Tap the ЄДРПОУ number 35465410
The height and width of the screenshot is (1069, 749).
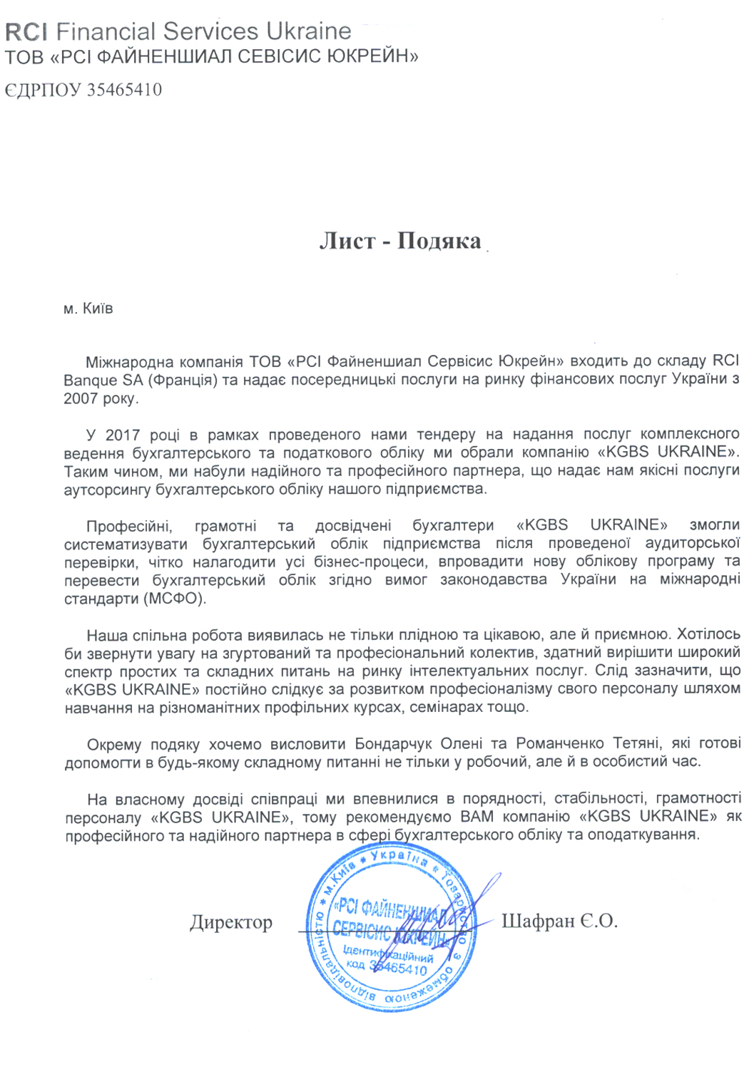click(x=124, y=90)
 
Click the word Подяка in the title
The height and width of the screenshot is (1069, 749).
click(x=439, y=241)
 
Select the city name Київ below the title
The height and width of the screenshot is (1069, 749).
click(x=98, y=309)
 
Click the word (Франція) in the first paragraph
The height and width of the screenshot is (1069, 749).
click(x=182, y=380)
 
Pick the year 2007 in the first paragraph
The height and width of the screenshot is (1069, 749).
click(x=81, y=398)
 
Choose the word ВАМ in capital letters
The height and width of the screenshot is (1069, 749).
click(x=477, y=817)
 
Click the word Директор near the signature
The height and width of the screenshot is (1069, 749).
click(x=231, y=922)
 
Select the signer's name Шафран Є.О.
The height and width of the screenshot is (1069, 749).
click(x=559, y=921)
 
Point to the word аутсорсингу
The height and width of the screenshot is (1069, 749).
click(x=107, y=490)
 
